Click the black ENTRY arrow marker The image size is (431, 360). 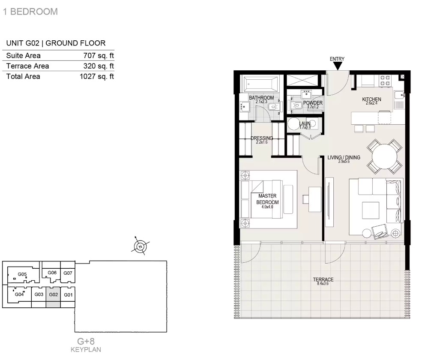338,66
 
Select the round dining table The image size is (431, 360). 385,156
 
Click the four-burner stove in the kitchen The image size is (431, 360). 385,80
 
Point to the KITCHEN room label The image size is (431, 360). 371,99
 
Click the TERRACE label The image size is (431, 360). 323,279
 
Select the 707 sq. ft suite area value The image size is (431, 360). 99,56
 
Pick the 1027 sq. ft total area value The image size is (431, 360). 97,76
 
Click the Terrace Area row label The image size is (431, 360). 27,66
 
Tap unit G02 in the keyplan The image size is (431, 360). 53,297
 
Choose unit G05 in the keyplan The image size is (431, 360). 22,274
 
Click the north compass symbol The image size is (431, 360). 140,246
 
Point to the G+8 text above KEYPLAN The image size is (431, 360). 86,341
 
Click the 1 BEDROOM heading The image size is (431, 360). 30,12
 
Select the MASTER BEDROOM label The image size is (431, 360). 267,199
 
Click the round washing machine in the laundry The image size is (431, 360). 293,125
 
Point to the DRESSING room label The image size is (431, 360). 262,138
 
